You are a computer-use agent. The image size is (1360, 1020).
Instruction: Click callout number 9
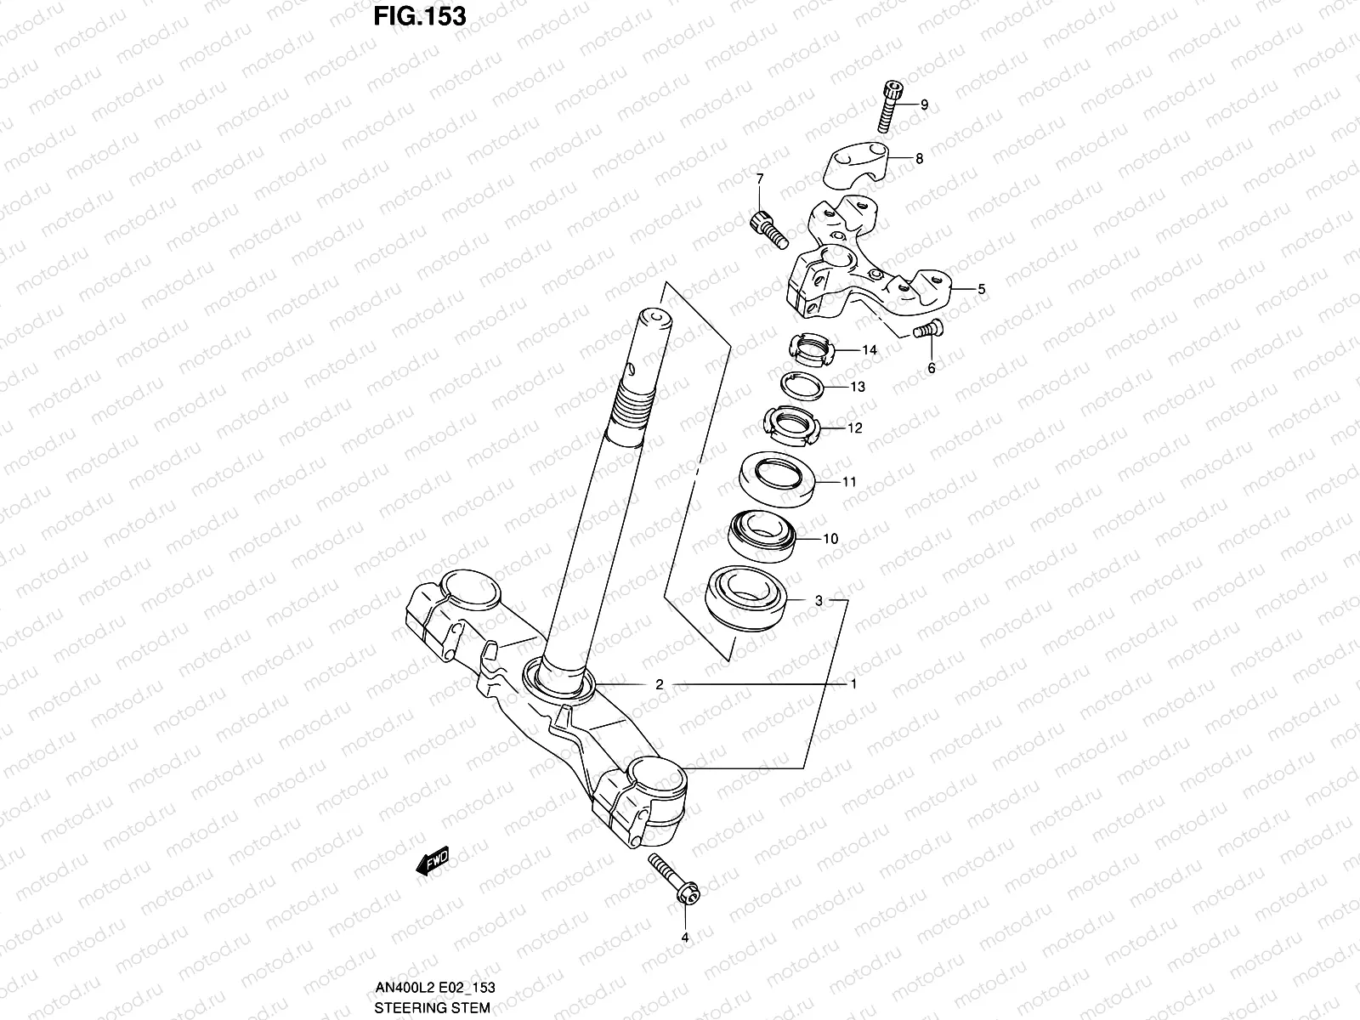pos(924,105)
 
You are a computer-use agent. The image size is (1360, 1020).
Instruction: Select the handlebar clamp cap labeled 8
pos(862,164)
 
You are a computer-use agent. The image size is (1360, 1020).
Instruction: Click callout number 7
pos(760,178)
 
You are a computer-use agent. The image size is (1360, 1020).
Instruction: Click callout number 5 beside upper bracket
pos(981,289)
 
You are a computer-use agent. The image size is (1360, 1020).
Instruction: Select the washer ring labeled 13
pos(802,386)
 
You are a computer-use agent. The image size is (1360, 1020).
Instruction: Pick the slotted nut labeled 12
pos(790,425)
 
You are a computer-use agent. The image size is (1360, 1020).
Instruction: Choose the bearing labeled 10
pos(762,537)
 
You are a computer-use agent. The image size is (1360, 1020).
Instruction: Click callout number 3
pos(819,600)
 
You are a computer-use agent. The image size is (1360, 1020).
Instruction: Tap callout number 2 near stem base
pos(659,683)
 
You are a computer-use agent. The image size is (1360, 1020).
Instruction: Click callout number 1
pos(853,683)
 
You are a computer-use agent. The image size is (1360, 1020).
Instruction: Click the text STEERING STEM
pos(432,1008)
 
